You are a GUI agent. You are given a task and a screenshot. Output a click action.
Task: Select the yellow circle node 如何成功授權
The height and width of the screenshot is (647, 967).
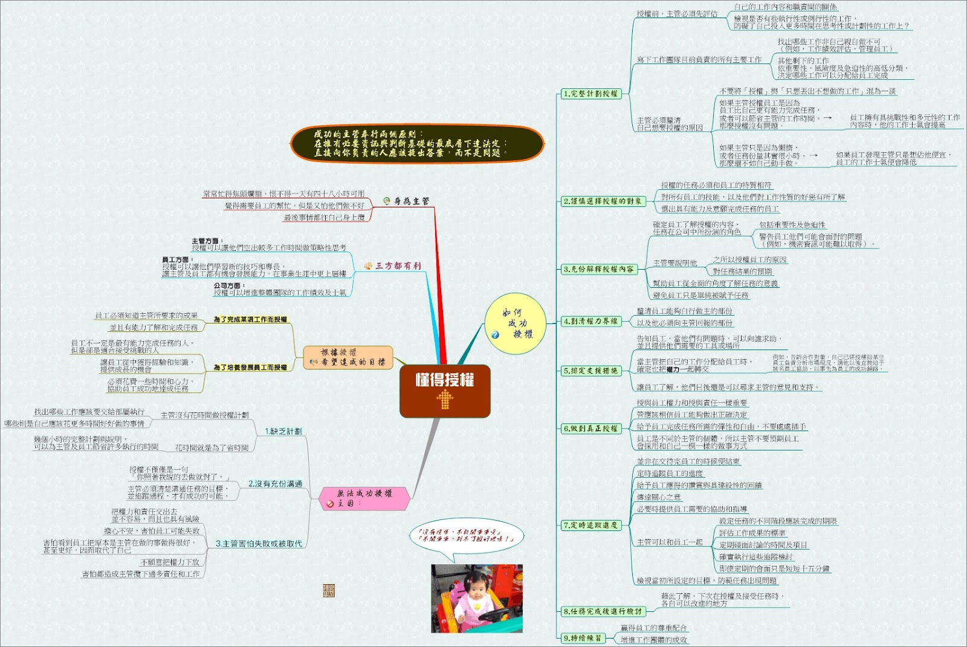point(516,324)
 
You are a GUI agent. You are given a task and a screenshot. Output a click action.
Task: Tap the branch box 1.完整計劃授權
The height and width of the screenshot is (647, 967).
point(590,94)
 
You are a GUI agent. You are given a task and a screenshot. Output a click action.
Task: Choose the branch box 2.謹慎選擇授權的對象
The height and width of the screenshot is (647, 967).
point(602,201)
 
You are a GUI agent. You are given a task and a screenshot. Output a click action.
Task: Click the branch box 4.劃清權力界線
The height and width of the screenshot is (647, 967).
point(590,322)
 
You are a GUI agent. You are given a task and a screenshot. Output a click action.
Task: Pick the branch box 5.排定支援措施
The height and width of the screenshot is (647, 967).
point(590,371)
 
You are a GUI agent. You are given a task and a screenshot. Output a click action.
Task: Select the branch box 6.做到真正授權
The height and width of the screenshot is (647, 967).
point(590,428)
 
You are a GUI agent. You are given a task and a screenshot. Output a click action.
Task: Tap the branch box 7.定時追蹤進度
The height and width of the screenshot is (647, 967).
point(590,525)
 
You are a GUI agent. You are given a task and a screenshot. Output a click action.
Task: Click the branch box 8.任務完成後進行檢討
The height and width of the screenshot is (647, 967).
point(602,611)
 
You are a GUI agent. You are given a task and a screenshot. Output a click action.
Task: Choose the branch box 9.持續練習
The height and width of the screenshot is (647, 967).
point(583,638)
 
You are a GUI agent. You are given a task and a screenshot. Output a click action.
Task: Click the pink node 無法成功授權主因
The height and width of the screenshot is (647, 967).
point(364,498)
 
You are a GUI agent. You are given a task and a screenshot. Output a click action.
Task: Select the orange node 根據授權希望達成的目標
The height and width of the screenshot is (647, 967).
point(349,357)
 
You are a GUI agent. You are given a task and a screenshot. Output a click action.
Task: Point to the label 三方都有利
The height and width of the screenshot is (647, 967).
point(398,265)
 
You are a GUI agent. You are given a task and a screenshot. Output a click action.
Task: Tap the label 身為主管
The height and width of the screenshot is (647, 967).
point(411,201)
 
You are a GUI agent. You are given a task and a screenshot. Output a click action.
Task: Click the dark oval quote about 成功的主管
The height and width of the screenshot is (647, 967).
point(417,144)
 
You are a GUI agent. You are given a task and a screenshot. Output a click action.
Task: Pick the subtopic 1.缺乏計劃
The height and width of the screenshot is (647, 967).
point(283,431)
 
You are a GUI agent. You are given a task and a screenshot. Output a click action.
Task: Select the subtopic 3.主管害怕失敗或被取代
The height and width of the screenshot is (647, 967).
point(259,544)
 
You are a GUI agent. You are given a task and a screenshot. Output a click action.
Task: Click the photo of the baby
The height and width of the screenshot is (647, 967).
point(477,599)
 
